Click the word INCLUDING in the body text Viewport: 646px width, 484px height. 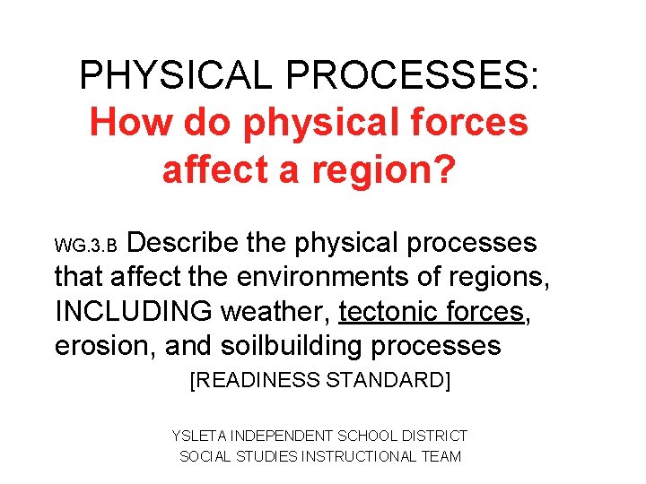[135, 312]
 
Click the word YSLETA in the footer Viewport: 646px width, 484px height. [198, 436]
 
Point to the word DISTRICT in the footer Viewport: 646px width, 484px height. [435, 436]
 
